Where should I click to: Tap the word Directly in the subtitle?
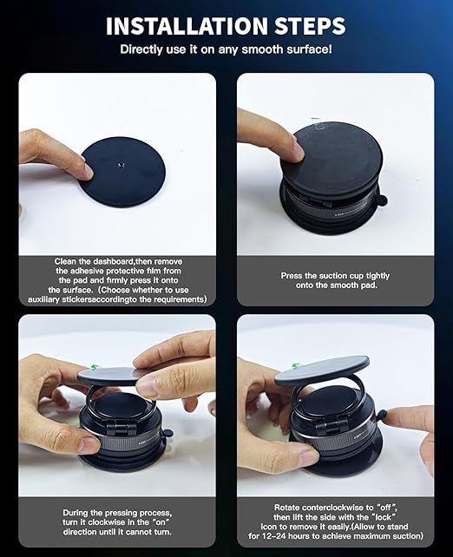(145, 49)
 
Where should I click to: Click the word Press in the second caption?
(295, 276)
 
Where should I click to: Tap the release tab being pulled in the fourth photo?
(380, 415)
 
